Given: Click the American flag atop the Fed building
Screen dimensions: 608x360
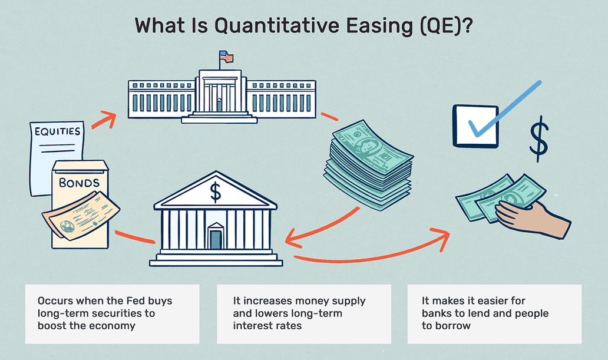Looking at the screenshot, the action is click(x=226, y=57).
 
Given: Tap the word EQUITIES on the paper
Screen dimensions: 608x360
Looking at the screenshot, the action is click(x=57, y=131).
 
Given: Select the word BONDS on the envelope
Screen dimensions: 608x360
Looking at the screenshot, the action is click(x=79, y=183).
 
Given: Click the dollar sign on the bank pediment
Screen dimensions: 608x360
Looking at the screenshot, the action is click(x=215, y=192).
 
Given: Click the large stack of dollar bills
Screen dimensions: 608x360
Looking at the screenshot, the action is click(x=368, y=165).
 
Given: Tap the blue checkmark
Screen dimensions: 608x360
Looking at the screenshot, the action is click(x=504, y=108).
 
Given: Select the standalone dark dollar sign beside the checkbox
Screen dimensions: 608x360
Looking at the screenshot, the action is click(x=539, y=139).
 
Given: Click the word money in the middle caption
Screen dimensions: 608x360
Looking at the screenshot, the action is click(x=310, y=301).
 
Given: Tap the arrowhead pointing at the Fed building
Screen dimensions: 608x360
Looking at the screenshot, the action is click(x=109, y=118).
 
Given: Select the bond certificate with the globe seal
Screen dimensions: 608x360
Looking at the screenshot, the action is click(x=81, y=216).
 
